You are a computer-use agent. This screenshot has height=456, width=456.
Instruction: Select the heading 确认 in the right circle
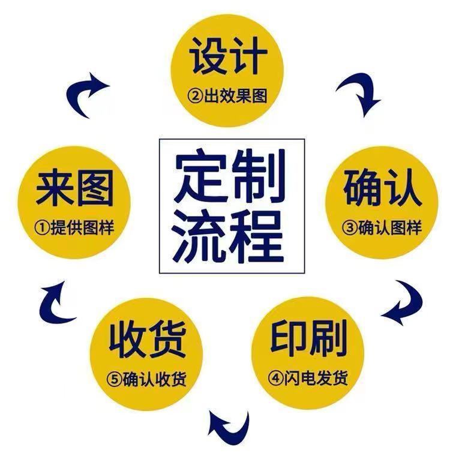click(x=382, y=188)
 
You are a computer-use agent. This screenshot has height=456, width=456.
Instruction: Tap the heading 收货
click(x=147, y=340)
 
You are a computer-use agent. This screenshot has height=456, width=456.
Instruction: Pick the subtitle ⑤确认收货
click(x=147, y=380)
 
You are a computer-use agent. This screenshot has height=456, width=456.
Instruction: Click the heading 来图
click(x=74, y=188)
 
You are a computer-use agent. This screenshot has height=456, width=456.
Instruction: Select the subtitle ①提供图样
click(x=74, y=229)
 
